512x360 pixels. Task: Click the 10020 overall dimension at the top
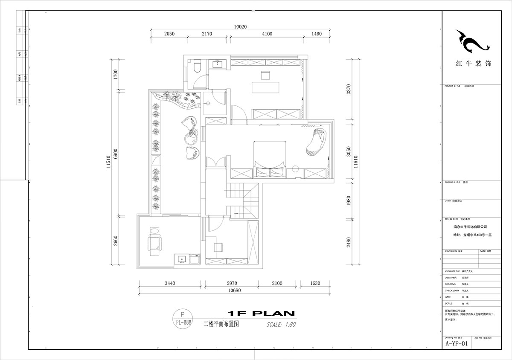pos(240,26)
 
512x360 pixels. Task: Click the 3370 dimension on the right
pos(349,90)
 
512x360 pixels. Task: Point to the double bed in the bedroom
pos(270,156)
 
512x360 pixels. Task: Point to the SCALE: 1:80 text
pos(281,324)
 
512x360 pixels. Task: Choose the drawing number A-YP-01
pos(457,343)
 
